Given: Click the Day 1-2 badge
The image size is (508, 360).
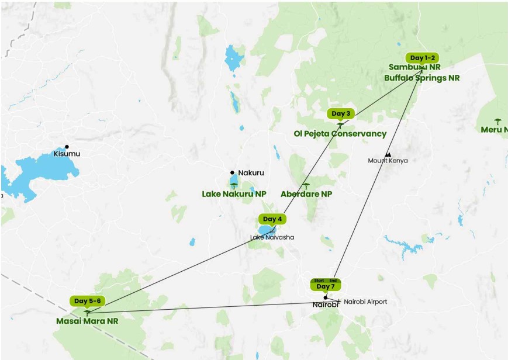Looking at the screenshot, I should pos(423,58).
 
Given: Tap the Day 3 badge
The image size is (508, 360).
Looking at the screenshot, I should pos(340,113).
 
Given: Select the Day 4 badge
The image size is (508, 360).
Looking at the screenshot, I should pos(272,219).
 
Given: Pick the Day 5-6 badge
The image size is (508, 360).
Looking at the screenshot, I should pos(87,301).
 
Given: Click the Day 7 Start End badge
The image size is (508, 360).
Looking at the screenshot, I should pos(326,285).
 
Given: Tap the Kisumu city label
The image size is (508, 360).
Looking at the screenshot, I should pos(67,154).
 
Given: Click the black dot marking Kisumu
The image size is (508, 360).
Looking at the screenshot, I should pos(67,146).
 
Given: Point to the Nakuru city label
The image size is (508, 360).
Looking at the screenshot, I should pos(251,173).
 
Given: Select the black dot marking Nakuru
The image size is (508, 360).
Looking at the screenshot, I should pos(233,172).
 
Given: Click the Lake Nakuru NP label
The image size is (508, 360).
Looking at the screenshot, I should pos(234,194).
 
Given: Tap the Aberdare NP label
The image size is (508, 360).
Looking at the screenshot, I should pos(306,194).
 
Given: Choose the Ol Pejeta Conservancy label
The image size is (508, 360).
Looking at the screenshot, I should pos(340,134).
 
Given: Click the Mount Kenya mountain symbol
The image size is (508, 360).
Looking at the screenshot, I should pos(388,154).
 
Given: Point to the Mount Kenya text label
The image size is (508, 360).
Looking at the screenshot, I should pos(388,161).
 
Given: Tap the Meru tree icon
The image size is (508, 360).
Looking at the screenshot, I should pos(497,122).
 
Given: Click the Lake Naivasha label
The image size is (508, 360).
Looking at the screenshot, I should pos(272,237).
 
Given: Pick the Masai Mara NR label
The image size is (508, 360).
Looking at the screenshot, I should pos(87,321).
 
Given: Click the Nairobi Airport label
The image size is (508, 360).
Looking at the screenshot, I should pos(365,302).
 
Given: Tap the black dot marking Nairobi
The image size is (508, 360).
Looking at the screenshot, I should pos(326,297).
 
